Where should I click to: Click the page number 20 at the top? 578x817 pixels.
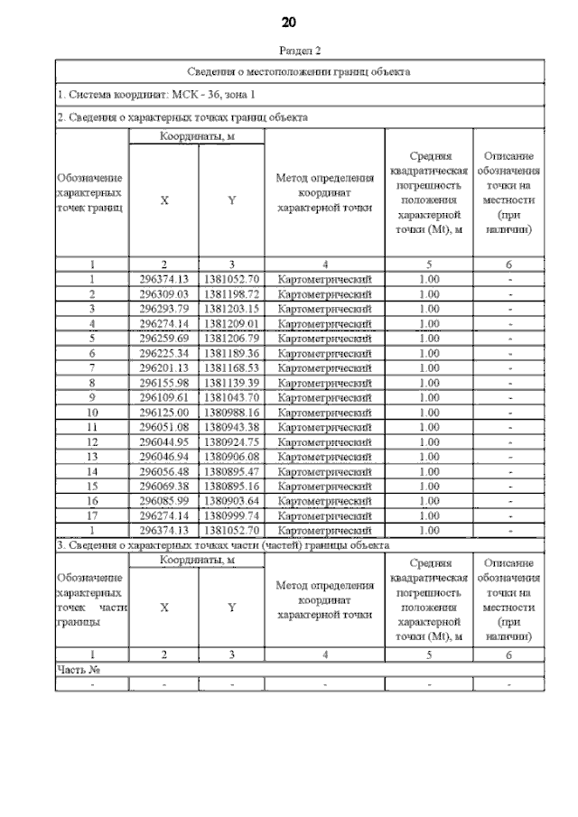tap(289, 22)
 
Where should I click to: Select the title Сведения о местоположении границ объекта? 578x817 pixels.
tap(299, 70)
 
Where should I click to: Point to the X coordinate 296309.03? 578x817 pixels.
tap(163, 294)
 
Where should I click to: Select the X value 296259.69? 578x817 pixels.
tap(163, 339)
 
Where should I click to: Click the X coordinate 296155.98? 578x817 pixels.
tap(163, 383)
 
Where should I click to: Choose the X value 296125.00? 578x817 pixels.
tap(163, 412)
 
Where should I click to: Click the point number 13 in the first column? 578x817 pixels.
tap(91, 457)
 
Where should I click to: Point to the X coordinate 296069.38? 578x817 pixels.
tap(163, 486)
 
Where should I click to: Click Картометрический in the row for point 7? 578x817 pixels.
tap(324, 368)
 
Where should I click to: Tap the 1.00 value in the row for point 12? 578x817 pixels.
tap(429, 441)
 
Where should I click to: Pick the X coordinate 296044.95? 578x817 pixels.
tap(163, 441)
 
